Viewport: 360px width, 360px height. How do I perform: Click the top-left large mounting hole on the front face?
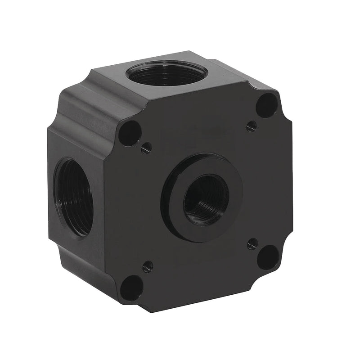pos(130,133)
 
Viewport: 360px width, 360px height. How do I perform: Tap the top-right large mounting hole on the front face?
pos(267,105)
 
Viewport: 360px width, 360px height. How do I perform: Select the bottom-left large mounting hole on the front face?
pos(132,288)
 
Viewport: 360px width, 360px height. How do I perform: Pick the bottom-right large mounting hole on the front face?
pos(268,257)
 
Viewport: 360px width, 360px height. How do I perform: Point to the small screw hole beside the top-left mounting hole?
pos(146,148)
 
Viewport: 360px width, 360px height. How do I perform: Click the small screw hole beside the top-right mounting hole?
pos(252,126)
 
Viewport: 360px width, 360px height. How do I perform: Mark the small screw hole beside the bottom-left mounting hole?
pos(147,267)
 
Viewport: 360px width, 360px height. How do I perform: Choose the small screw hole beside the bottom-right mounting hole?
pos(252,244)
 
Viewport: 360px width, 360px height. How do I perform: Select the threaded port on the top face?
pos(166,73)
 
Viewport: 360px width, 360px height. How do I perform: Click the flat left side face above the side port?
pos(76,139)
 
